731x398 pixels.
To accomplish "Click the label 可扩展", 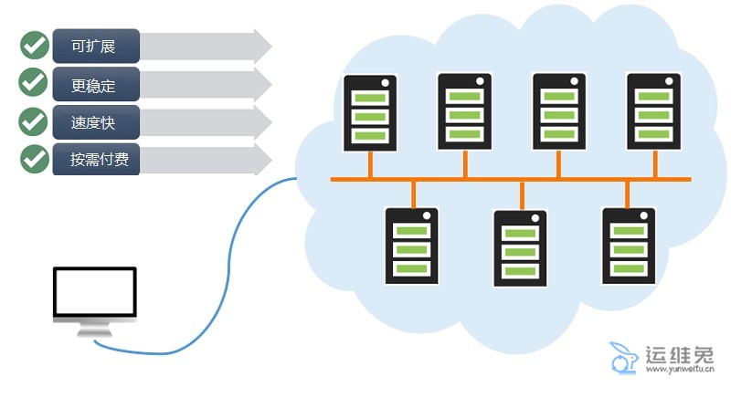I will [95, 46].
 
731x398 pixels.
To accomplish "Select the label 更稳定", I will [95, 84].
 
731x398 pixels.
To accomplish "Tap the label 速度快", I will [95, 121].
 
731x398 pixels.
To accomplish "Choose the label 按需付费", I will [95, 159].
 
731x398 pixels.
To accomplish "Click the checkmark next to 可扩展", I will [34, 45].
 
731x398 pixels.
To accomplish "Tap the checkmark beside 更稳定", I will [34, 82].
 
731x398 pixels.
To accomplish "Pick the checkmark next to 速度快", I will [34, 120].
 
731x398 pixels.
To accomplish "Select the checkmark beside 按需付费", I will [34, 158].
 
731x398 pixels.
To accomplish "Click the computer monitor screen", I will [94, 293].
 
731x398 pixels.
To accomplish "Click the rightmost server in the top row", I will [653, 111].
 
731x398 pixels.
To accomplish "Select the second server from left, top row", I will [465, 111].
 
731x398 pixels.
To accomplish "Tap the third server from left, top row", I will [559, 111].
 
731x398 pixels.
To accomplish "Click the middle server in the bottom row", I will [520, 248].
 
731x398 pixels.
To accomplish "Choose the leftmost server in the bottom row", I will [412, 246].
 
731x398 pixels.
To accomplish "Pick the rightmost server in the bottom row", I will [629, 246].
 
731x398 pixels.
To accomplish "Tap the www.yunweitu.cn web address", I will [678, 372].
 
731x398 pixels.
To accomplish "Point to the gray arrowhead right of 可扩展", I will [262, 46].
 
